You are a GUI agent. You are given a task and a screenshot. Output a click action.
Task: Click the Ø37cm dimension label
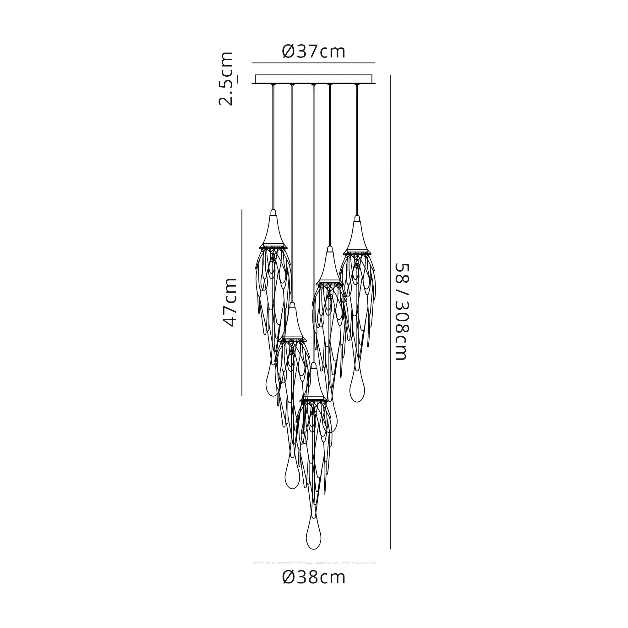314,52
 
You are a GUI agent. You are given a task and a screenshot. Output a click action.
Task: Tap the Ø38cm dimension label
314,578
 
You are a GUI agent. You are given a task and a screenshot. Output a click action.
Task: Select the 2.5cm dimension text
226,79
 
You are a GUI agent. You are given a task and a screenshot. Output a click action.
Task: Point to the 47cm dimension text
230,302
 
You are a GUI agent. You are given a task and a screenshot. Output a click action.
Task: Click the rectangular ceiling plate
314,79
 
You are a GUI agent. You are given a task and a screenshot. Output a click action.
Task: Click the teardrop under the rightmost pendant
357,387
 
